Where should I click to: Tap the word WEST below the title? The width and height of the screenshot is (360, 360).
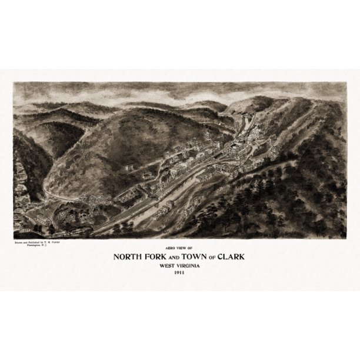[x=167, y=266]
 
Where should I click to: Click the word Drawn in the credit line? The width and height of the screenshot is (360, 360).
[x=18, y=241]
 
